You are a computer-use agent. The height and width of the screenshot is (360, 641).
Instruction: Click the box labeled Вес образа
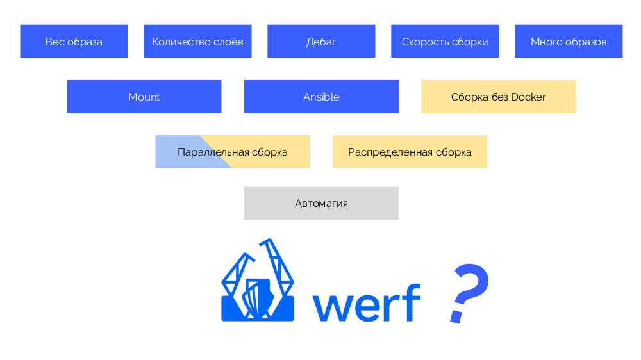[74, 42]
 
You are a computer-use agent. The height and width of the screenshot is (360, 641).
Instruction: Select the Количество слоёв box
[197, 42]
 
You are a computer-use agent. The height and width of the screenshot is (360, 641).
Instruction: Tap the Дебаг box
[321, 42]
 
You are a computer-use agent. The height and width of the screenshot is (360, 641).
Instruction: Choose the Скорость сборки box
[445, 42]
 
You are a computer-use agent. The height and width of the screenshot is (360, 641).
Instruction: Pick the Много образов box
[569, 42]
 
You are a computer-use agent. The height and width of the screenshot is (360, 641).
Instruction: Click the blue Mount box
[144, 97]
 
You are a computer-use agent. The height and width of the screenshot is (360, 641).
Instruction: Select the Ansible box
[321, 97]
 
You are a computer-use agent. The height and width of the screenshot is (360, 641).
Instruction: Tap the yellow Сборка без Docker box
[498, 97]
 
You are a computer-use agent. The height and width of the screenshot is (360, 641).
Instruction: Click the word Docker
[529, 97]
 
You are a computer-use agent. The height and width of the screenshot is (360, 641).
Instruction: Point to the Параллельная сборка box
[233, 152]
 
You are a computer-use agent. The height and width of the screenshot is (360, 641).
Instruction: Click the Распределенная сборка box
[410, 152]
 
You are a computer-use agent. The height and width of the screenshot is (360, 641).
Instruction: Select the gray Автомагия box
[321, 203]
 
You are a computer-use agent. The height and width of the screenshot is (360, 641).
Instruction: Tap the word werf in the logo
[366, 302]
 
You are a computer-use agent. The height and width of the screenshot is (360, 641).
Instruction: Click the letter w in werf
[331, 307]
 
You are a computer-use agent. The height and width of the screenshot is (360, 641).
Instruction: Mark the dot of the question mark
[456, 316]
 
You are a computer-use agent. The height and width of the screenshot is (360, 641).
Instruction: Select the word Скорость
[423, 42]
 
